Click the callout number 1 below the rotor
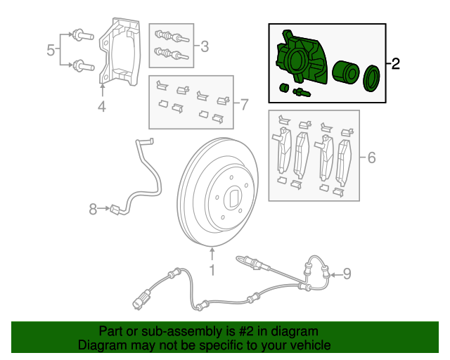pos(212,270)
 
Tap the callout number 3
pos(205,47)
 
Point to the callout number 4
pos(103,108)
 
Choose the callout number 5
pos(51,50)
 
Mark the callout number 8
pos(93,209)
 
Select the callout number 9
pos(346,274)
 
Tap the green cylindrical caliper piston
pos(345,73)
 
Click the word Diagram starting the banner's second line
pos(101,345)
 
